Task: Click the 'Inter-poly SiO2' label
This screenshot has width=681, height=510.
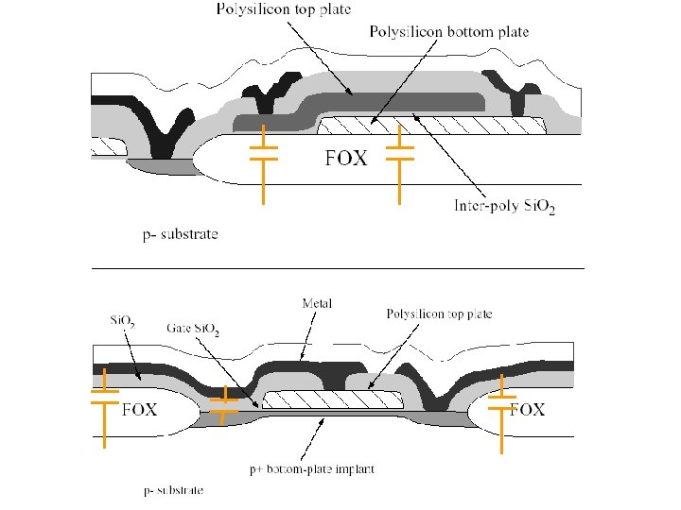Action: (x=504, y=206)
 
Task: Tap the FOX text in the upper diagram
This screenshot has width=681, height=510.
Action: (x=345, y=159)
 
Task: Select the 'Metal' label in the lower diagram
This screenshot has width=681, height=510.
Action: (x=317, y=303)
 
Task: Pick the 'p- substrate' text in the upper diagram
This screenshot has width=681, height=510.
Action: (x=180, y=233)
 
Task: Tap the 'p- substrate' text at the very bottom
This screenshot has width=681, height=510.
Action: (x=172, y=490)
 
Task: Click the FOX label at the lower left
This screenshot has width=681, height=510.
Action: (x=139, y=410)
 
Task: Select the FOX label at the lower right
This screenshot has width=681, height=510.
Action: (x=527, y=410)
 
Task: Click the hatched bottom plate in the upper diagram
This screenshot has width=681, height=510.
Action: (x=430, y=124)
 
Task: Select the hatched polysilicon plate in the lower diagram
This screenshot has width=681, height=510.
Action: (x=331, y=399)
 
